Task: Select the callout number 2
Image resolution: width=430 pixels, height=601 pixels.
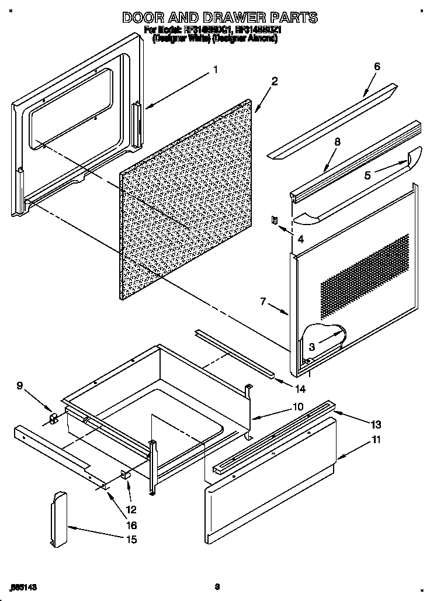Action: [x=275, y=81]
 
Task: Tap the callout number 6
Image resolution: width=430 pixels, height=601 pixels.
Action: [x=377, y=66]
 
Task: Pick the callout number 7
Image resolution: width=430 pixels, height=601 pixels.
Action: [x=263, y=302]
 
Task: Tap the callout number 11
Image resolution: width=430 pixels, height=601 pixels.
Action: [x=376, y=440]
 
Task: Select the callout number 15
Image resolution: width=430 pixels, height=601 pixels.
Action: [x=131, y=539]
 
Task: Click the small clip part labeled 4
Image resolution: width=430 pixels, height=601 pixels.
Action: [x=272, y=221]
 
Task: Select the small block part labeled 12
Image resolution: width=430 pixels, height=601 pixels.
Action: [x=125, y=475]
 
